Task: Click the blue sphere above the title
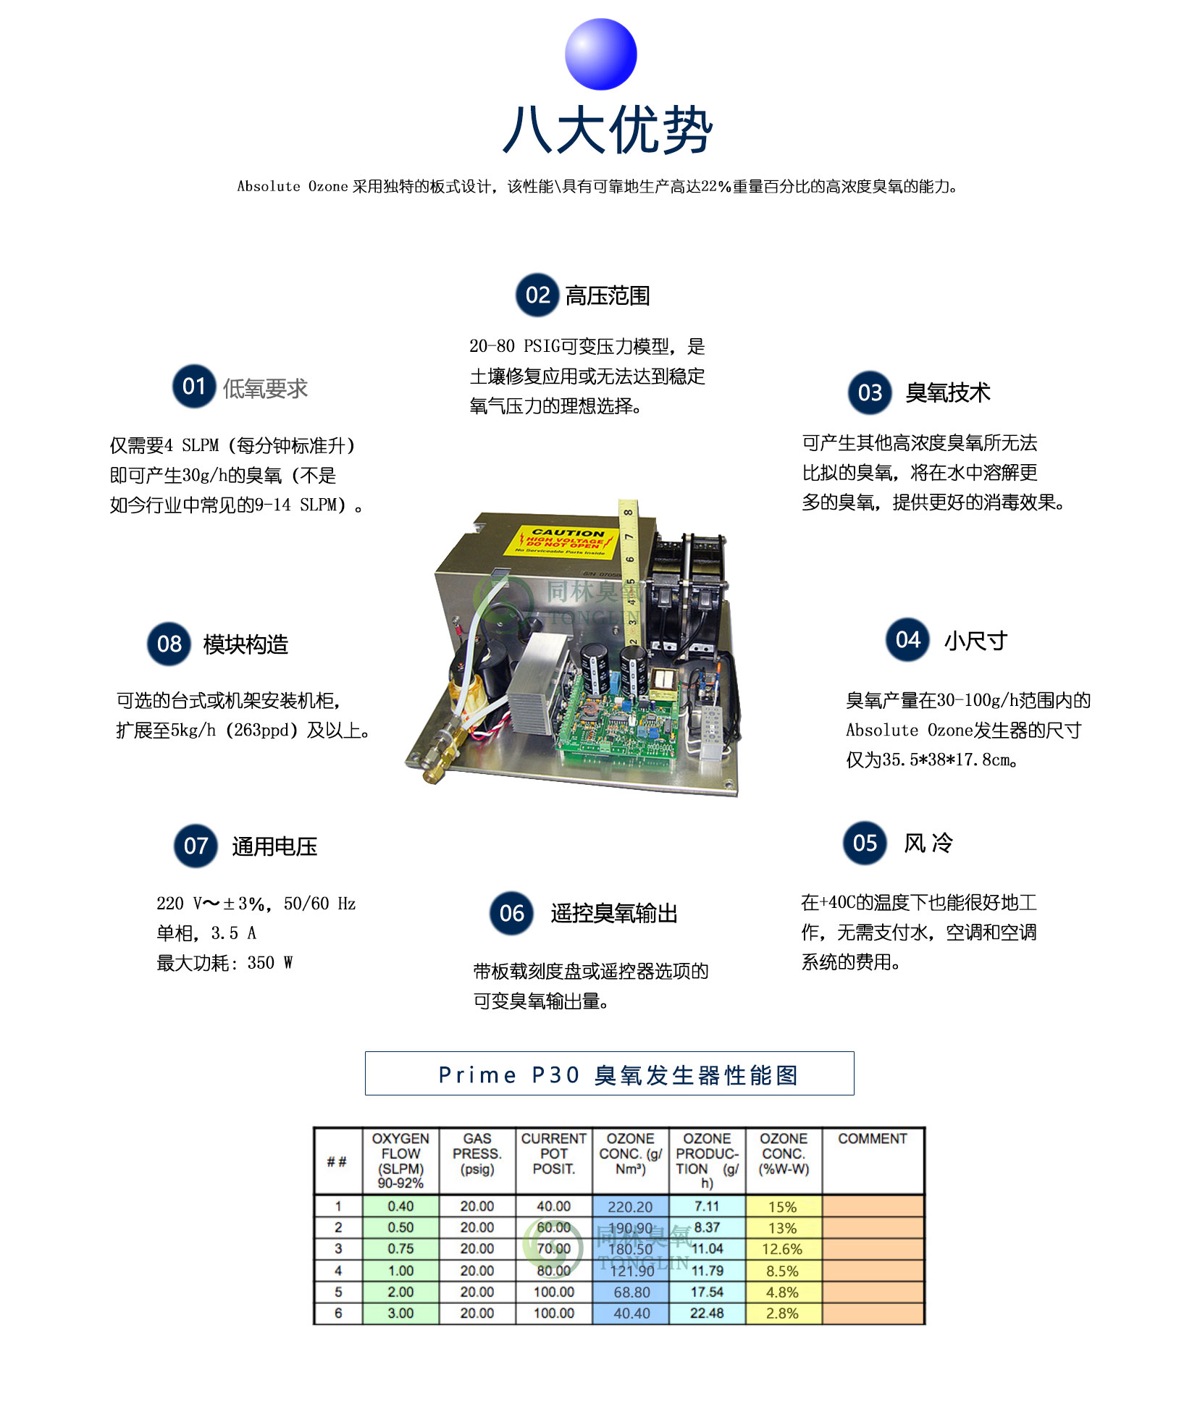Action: [x=600, y=54]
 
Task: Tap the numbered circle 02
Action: [x=537, y=295]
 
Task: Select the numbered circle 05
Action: [x=865, y=843]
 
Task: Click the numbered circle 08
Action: [x=169, y=644]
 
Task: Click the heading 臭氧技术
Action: [x=947, y=392]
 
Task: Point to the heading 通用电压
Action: [x=274, y=846]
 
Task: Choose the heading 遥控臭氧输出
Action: [x=613, y=913]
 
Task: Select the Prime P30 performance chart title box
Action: [x=609, y=1074]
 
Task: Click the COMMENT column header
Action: [x=872, y=1139]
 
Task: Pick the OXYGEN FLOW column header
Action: [x=400, y=1160]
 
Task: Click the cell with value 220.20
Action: [x=630, y=1207]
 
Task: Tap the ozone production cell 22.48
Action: [x=707, y=1313]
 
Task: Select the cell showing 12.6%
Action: [x=782, y=1249]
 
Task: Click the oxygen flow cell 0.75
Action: [x=400, y=1249]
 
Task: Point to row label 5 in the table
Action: [x=337, y=1292]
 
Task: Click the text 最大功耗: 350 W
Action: [x=224, y=963]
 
